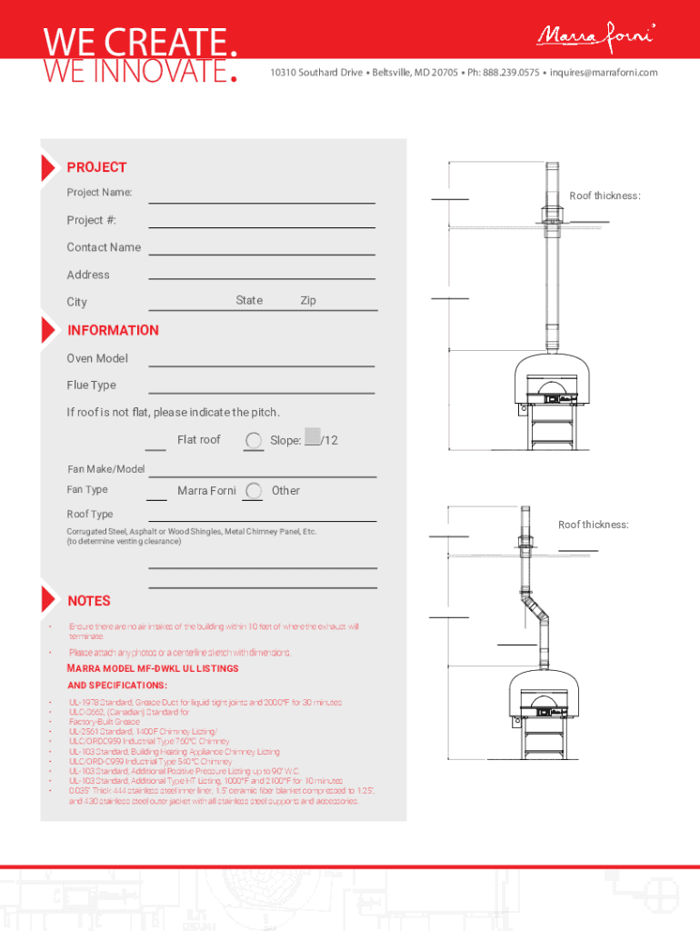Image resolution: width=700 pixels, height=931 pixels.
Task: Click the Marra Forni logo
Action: pos(596,36)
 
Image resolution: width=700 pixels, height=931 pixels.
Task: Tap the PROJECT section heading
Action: pos(96,167)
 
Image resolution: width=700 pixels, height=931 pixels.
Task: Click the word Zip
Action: pos(308,301)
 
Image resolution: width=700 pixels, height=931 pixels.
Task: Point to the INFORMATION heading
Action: pos(113,330)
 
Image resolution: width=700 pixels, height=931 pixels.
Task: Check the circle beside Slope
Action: pos(255,441)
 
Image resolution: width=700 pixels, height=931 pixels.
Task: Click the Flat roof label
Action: pos(199,440)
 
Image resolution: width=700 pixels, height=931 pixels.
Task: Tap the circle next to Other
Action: pos(255,492)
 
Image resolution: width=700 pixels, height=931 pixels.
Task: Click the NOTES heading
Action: pos(89,601)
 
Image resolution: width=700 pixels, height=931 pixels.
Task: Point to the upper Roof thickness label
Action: pos(605,196)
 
